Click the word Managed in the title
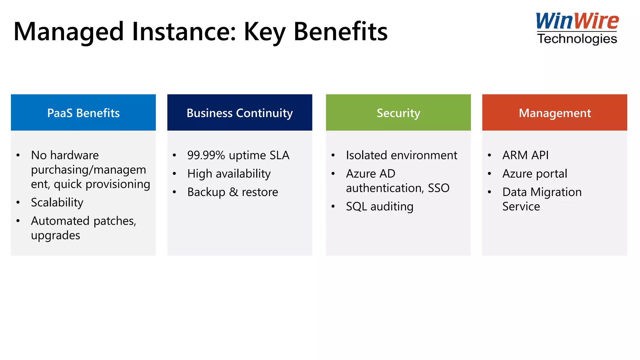tap(69, 32)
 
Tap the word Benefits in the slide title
tap(341, 32)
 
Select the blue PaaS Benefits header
tap(83, 113)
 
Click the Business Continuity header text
tap(240, 113)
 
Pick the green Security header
tap(398, 113)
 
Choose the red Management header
tap(555, 113)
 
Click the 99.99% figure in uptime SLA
tap(206, 155)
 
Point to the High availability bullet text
tap(229, 174)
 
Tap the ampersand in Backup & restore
tap(233, 192)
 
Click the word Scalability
tap(57, 202)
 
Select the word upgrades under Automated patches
tap(56, 235)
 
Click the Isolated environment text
tap(402, 155)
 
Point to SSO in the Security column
tap(438, 188)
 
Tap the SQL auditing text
tap(380, 207)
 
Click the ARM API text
tap(525, 155)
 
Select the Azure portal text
tap(535, 174)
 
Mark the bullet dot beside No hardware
tap(18, 155)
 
